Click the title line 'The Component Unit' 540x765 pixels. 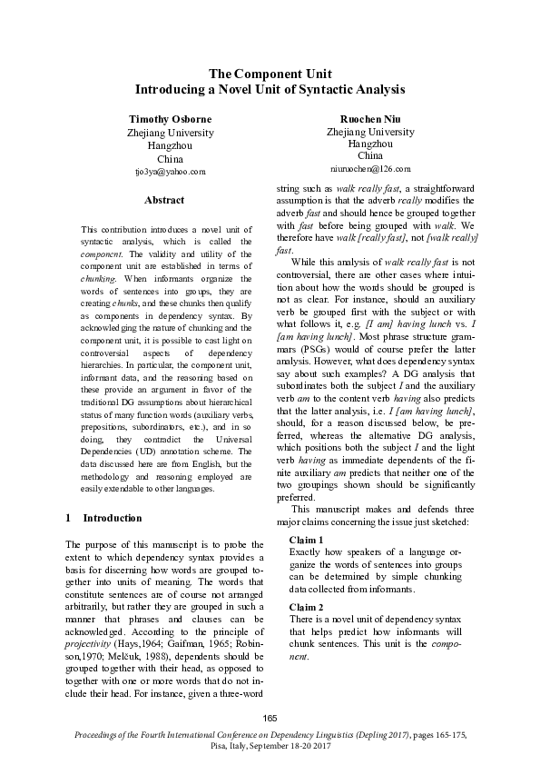[270, 74]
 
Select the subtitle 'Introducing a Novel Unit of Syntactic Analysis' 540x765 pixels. [270, 90]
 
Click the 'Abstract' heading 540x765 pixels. [163, 200]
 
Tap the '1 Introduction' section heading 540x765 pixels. [103, 518]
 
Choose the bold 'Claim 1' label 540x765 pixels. [307, 540]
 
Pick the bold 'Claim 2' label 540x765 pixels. [307, 606]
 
